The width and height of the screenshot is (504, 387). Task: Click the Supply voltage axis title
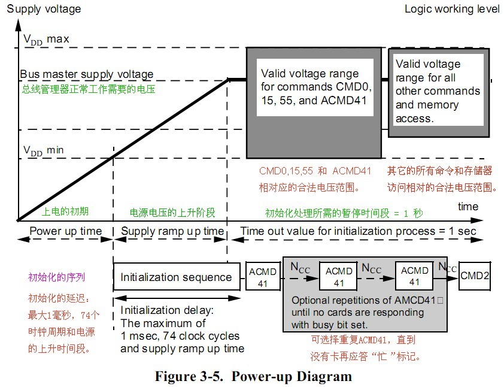[x=43, y=9]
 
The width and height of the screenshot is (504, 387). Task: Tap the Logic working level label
[x=451, y=9]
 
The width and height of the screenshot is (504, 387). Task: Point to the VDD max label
[x=46, y=40]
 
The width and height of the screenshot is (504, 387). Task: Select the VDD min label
[x=44, y=150]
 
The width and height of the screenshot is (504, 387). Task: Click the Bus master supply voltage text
[x=87, y=75]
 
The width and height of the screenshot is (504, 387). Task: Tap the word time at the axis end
[x=467, y=207]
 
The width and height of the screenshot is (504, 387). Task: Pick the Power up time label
[x=66, y=231]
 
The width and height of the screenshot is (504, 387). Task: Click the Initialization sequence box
[x=176, y=277]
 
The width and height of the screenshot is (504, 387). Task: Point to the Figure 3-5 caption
[x=253, y=377]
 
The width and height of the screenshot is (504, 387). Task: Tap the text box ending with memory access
[x=437, y=91]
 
